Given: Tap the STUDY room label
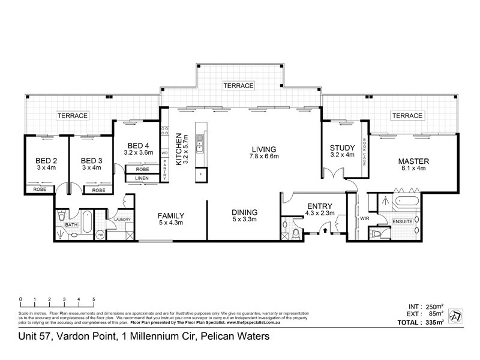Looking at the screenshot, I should (x=343, y=148).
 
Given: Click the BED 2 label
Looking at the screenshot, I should (x=38, y=160).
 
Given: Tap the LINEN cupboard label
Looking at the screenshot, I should (x=142, y=178).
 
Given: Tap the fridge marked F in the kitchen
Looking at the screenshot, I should (x=200, y=174).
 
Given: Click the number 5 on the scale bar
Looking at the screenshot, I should (x=94, y=299).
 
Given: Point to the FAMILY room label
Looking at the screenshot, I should (x=170, y=215).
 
